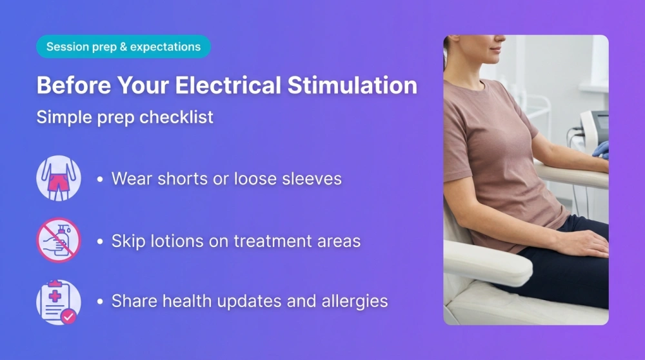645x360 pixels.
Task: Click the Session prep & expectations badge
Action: [x=123, y=47]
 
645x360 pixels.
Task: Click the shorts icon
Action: [x=59, y=178]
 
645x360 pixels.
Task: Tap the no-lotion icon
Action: [x=59, y=241]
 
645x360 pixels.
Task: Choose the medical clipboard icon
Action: [x=59, y=301]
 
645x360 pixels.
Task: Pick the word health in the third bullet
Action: [x=186, y=301]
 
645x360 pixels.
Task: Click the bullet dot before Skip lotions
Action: [x=100, y=242]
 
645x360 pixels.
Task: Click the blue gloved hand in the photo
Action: [x=600, y=150]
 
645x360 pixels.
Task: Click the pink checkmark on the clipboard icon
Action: [x=68, y=316]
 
